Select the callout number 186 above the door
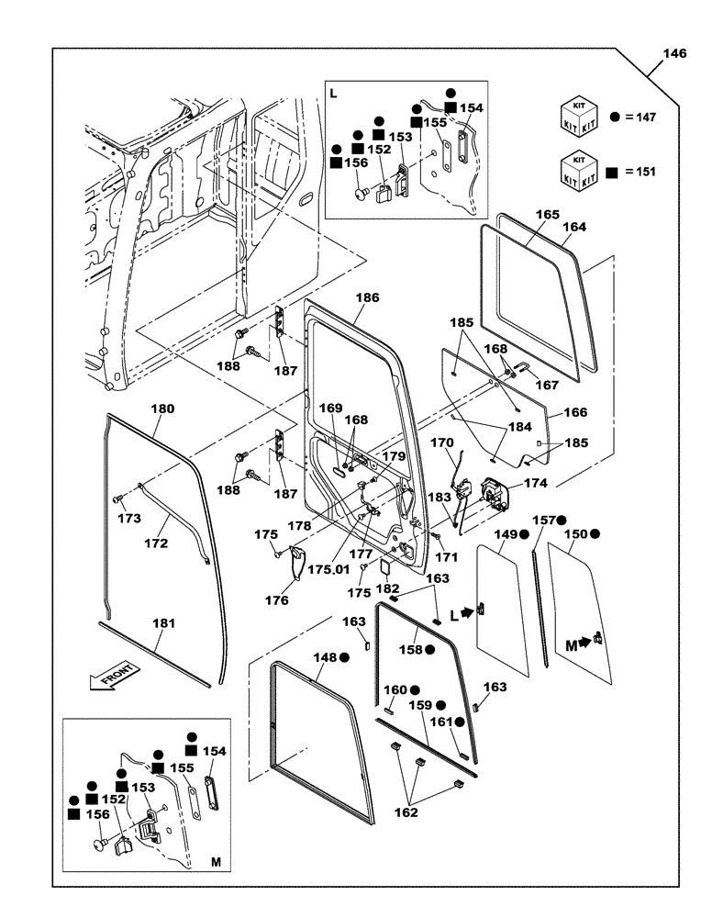click(x=367, y=298)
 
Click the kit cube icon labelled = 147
click(x=580, y=117)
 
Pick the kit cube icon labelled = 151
click(x=580, y=171)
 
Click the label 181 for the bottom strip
click(x=162, y=623)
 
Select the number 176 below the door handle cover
click(x=277, y=600)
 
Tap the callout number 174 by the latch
click(x=534, y=482)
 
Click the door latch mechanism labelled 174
click(x=495, y=496)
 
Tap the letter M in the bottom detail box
click(x=216, y=863)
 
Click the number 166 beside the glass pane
click(x=574, y=413)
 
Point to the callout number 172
click(x=156, y=543)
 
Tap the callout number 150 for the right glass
click(x=574, y=533)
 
